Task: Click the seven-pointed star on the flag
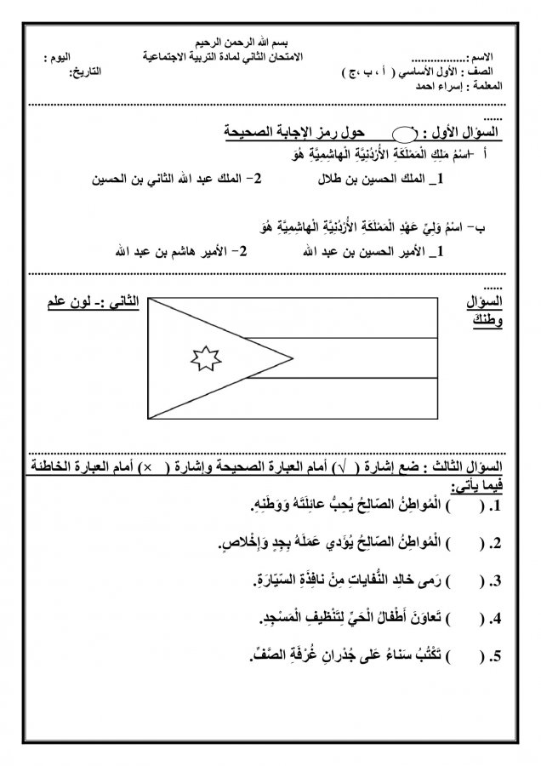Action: (x=206, y=357)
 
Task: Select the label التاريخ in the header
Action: (x=85, y=74)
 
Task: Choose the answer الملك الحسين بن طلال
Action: (x=390, y=180)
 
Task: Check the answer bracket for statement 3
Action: (x=479, y=580)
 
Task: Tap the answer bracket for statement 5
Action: (x=479, y=655)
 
